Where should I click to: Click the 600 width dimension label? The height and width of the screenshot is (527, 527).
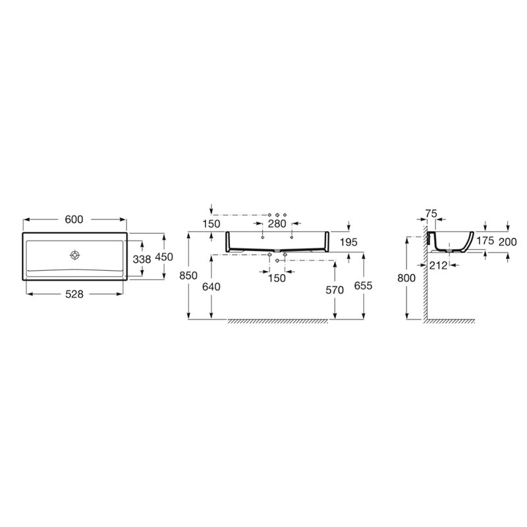74,219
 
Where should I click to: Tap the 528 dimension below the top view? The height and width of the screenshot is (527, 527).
74,294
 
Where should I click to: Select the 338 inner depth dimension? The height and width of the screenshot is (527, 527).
142,259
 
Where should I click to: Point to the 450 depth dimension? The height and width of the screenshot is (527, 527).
164,257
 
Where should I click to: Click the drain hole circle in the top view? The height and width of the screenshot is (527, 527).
74,255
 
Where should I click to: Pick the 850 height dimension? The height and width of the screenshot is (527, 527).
188,275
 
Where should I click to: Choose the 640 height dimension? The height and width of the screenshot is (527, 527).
211,287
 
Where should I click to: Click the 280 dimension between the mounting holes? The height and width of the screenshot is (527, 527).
277,223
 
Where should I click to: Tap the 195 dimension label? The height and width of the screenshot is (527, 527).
348,242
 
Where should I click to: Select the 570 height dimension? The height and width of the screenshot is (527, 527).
335,290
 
